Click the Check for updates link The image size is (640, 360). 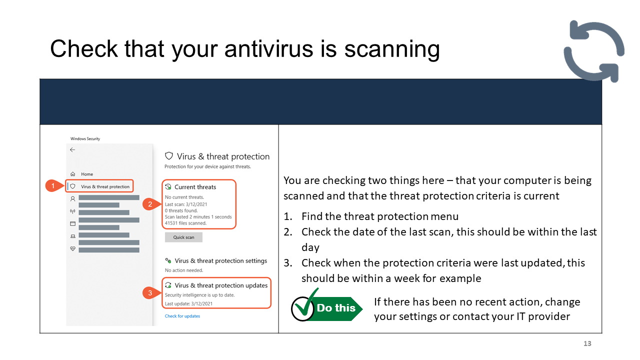(x=182, y=316)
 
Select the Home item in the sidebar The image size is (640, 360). (x=87, y=174)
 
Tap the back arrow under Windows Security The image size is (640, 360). (x=72, y=149)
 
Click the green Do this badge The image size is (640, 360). (x=326, y=305)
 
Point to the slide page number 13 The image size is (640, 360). (x=587, y=343)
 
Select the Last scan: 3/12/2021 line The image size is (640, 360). (x=185, y=204)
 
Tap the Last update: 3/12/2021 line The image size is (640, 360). (x=188, y=303)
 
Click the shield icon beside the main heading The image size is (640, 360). (x=169, y=156)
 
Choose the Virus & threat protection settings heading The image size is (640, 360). (x=220, y=260)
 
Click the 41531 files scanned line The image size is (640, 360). (x=185, y=223)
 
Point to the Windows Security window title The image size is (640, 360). (x=85, y=139)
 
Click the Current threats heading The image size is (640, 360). (x=195, y=187)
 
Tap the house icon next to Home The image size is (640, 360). (x=73, y=173)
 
